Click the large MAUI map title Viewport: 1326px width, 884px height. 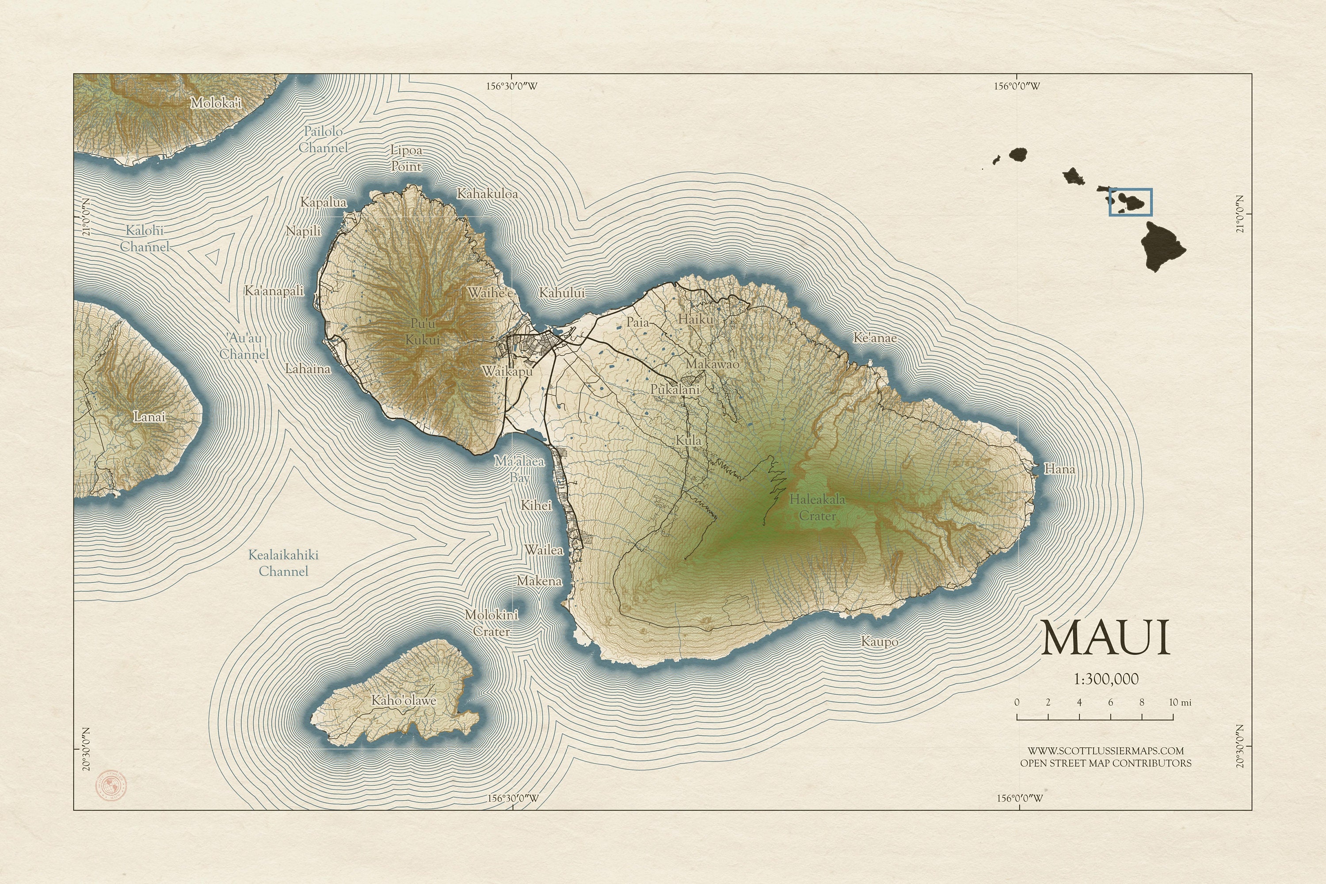1105,638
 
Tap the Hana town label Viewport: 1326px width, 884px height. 1059,469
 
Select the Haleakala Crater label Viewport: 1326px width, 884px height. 817,507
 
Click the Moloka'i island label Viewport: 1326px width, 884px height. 216,103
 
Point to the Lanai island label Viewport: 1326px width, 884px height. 149,417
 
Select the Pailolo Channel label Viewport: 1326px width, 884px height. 323,139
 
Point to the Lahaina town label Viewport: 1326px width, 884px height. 308,369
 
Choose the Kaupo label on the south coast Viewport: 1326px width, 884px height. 879,642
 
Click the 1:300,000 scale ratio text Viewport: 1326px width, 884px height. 1105,679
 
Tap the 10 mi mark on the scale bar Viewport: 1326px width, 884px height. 1180,702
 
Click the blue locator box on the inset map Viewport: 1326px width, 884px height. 1131,203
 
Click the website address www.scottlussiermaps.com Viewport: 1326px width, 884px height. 1105,751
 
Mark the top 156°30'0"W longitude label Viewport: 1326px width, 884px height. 512,86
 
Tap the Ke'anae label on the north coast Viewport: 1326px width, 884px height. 875,338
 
